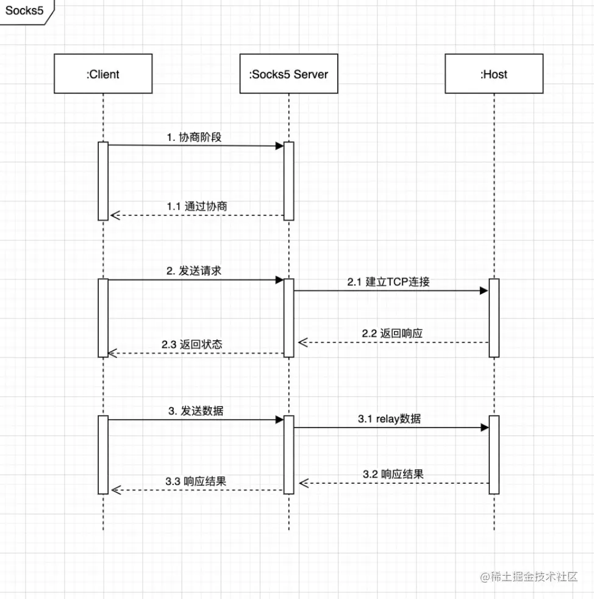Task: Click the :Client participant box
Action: point(103,74)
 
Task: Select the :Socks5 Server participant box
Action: point(288,74)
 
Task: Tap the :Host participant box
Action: point(493,74)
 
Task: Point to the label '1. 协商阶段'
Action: point(194,137)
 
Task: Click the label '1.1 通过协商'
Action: point(197,206)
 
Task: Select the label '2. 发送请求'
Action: point(194,271)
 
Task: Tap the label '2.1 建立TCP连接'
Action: point(390,282)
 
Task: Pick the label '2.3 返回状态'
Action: point(192,344)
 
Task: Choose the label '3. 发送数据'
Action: point(196,411)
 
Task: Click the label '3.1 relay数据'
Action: point(389,419)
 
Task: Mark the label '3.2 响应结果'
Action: point(393,474)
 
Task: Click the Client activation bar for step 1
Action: point(103,181)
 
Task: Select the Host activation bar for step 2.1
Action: point(494,317)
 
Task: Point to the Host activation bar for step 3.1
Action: point(494,454)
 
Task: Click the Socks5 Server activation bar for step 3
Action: point(288,454)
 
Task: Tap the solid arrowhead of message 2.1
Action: point(484,291)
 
